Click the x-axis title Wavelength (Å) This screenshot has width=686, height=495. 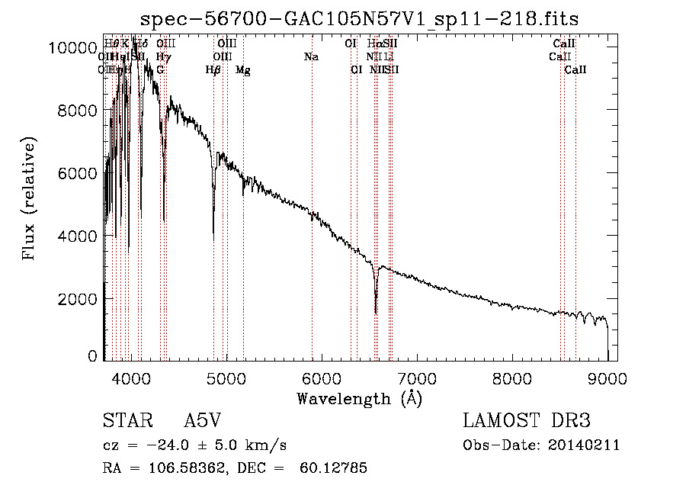(x=359, y=398)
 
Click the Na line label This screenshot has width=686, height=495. (x=311, y=57)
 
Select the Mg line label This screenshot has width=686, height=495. (x=243, y=70)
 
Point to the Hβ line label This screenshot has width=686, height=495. (x=213, y=70)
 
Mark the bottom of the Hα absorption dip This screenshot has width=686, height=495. (x=376, y=312)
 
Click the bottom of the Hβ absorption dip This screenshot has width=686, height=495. (x=213, y=239)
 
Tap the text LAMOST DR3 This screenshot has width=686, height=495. (x=527, y=421)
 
